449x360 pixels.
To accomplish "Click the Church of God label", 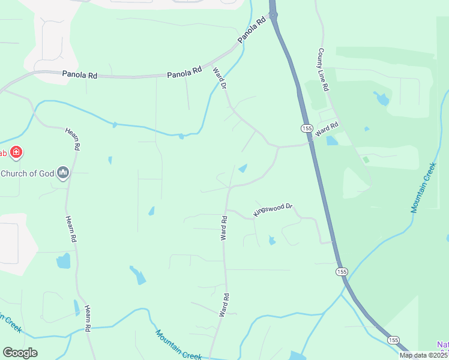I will click(x=28, y=174).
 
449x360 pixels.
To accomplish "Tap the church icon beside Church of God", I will click(x=64, y=174).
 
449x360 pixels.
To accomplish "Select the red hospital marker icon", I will click(x=16, y=152).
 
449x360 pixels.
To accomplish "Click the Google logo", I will click(x=20, y=353).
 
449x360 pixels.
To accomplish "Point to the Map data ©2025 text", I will click(x=424, y=355).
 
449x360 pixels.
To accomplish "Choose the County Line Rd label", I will click(x=324, y=70).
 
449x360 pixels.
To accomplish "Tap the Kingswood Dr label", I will click(x=273, y=209).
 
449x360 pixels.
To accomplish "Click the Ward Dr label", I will click(x=219, y=79).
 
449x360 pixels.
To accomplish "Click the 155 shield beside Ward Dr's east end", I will click(x=307, y=128).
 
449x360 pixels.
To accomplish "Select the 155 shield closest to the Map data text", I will click(x=393, y=340).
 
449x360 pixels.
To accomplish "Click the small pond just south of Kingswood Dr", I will click(x=272, y=241).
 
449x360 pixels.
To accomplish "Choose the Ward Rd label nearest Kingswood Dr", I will click(x=224, y=229).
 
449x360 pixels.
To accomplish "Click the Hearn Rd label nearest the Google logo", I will click(x=88, y=318).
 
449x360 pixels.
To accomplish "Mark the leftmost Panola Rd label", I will click(x=79, y=75).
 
